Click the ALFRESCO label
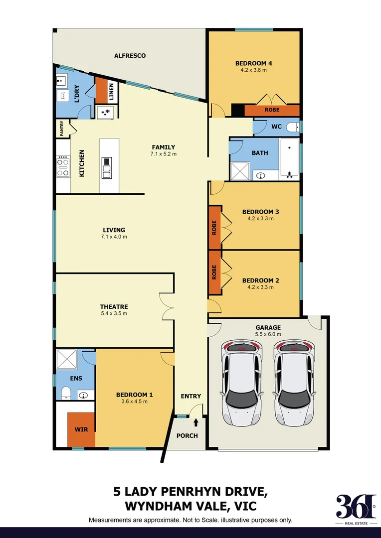coord(130,56)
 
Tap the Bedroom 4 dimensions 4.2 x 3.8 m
coord(253,71)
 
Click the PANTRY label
coord(62,129)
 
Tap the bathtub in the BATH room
coord(289,158)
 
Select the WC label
coord(277,127)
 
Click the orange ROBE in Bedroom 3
coord(214,227)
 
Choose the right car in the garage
coord(294,381)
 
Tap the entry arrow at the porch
coord(196,422)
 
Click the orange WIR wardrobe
coord(81,429)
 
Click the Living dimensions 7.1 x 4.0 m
coord(114,237)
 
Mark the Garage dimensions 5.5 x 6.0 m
coord(268,334)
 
